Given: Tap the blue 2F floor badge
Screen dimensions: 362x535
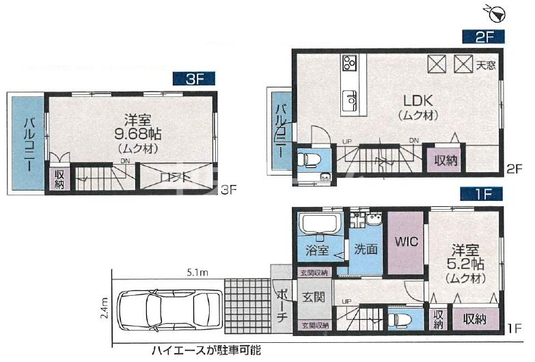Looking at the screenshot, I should (x=480, y=37).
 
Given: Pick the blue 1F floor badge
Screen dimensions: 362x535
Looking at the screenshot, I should (x=480, y=194).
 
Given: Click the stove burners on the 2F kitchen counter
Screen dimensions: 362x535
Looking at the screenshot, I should (x=349, y=64).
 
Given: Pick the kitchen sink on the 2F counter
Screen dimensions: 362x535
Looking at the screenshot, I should (x=349, y=100).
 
